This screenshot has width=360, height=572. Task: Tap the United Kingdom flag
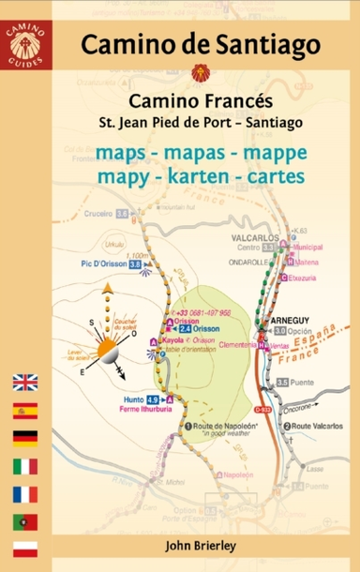point(24,382)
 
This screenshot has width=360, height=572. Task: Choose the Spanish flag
point(24,409)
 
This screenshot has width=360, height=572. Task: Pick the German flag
point(24,436)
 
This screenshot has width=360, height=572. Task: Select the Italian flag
point(24,463)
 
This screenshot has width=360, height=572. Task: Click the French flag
point(24,491)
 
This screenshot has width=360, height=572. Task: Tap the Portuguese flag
point(24,519)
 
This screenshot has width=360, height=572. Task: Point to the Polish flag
point(24,546)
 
